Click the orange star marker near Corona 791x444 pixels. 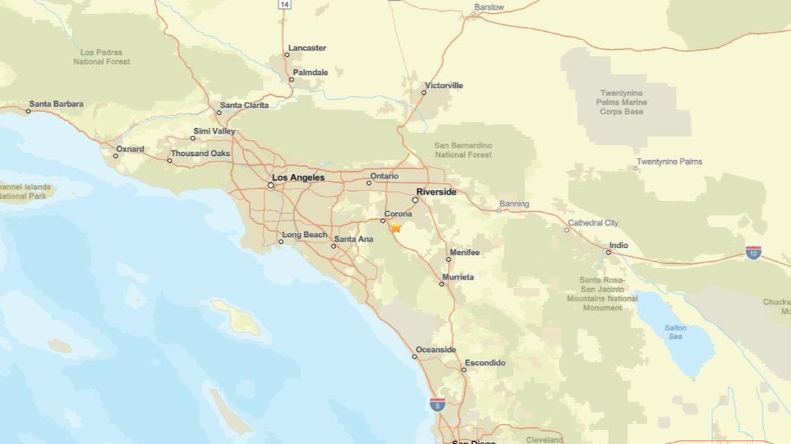tap(395, 227)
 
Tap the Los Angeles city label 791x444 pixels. tap(298, 178)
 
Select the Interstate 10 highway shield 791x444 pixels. tap(753, 252)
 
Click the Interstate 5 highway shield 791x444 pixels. tap(437, 405)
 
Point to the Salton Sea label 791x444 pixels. tap(674, 332)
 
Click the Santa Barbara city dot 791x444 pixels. tap(28, 111)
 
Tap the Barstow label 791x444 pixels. tap(488, 8)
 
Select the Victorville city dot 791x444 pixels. tap(423, 92)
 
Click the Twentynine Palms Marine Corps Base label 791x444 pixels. tap(622, 103)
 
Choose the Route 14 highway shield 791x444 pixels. tap(284, 4)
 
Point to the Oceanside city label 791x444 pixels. tap(436, 350)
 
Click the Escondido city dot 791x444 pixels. tap(463, 369)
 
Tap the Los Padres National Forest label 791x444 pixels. tap(101, 57)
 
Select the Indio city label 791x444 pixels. tap(618, 245)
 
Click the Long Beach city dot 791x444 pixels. tap(280, 241)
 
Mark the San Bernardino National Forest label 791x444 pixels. tap(463, 150)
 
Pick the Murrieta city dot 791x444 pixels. tap(441, 283)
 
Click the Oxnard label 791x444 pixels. tap(130, 149)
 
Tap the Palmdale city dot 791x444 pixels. tap(291, 79)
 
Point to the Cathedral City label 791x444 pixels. tap(593, 223)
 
